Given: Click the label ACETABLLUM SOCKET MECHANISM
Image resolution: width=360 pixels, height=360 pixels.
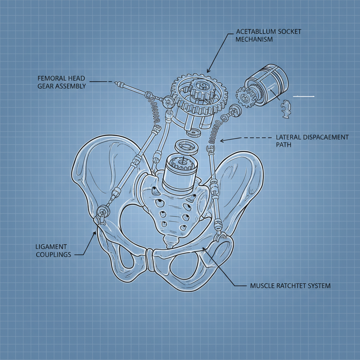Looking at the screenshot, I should (264, 35).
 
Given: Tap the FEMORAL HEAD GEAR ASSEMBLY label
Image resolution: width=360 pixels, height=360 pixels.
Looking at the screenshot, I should (62, 82).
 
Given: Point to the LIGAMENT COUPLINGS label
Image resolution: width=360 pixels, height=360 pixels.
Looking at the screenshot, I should (53, 250).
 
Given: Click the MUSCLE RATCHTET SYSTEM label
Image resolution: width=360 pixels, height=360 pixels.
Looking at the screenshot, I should (290, 286).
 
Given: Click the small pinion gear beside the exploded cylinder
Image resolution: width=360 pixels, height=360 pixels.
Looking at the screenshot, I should (243, 97).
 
